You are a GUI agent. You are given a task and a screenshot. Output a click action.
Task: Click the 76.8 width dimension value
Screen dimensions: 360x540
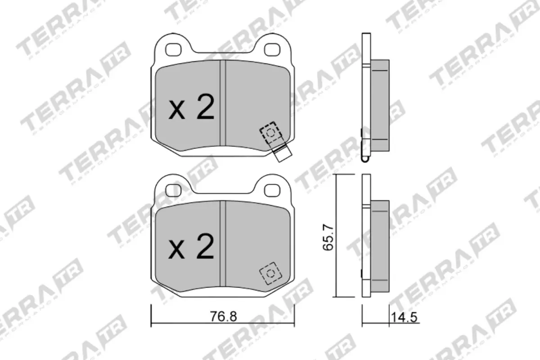pos(223,316)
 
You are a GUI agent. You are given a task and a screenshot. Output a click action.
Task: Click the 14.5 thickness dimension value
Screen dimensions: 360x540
pos(405,317)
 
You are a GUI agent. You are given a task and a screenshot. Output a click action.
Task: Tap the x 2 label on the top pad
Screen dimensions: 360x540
pos(191,108)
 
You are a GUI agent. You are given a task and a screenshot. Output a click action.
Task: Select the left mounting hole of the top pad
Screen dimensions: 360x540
pos(173,50)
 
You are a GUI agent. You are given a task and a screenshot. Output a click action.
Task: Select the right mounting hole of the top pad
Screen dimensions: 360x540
pos(271,50)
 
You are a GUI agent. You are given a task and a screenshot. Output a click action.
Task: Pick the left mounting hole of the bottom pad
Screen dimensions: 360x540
pos(173,190)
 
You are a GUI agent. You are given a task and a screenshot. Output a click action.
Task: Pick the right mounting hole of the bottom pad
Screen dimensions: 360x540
pos(271,190)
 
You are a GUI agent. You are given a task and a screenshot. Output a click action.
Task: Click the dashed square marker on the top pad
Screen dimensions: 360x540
pos(270,133)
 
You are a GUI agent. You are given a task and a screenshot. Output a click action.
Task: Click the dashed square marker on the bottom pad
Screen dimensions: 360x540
pos(270,273)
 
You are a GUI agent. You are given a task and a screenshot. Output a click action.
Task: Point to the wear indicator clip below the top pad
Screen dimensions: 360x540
pos(282,154)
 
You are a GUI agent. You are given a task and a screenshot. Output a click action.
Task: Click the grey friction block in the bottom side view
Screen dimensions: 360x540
pos(380,245)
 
